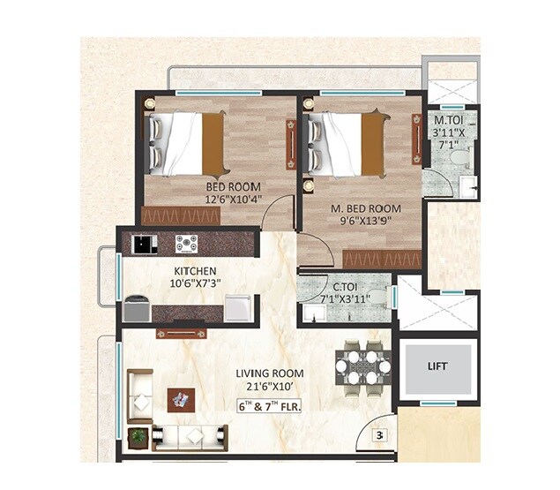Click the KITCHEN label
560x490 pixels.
click(196, 270)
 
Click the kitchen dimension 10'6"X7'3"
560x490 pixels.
click(196, 283)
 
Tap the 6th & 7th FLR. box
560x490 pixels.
click(275, 407)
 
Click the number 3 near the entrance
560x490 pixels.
click(379, 434)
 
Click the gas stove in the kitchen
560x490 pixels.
click(186, 243)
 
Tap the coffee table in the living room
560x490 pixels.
click(183, 399)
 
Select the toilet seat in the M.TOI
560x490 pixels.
click(459, 159)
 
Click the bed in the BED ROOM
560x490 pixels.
click(186, 143)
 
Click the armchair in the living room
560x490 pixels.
click(139, 390)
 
